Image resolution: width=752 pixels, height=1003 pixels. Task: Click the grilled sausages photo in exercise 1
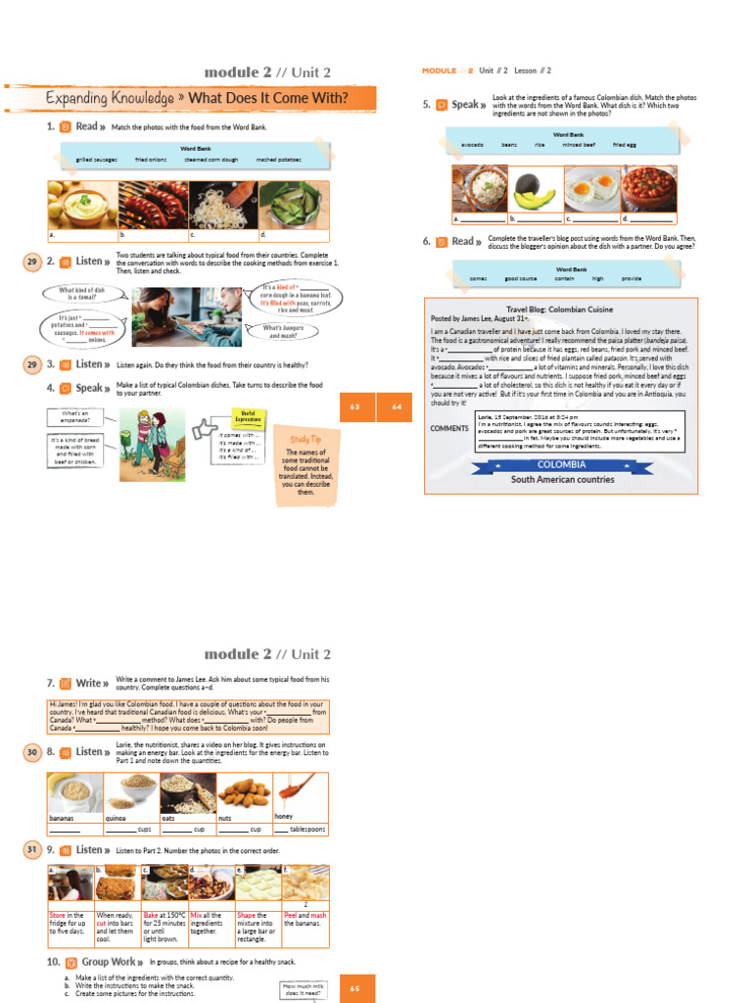click(x=152, y=205)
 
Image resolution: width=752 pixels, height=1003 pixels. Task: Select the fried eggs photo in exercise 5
click(x=591, y=188)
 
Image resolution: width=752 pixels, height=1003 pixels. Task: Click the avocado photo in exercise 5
click(x=535, y=188)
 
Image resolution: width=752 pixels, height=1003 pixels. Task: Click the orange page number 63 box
click(x=354, y=406)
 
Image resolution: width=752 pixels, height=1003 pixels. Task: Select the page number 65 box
click(x=354, y=988)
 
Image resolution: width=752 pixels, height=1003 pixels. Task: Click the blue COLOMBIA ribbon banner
click(x=562, y=464)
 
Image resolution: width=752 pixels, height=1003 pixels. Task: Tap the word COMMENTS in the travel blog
click(x=448, y=428)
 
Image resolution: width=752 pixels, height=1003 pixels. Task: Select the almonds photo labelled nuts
click(x=244, y=791)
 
